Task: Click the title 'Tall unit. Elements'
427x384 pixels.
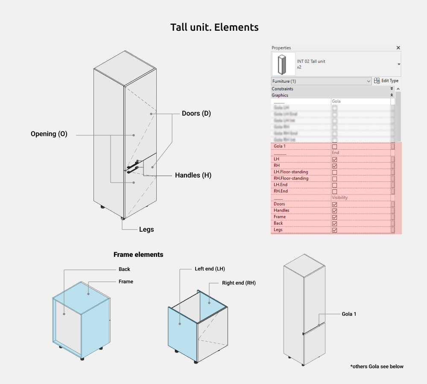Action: [x=214, y=27]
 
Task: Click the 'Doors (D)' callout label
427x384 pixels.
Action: [x=196, y=113]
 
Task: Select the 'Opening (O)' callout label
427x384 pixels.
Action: [x=49, y=134]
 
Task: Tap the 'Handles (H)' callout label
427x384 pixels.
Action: [x=193, y=175]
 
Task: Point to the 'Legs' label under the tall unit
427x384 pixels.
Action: [x=146, y=230]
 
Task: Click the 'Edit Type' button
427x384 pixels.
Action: [x=386, y=81]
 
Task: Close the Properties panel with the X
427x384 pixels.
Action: [x=398, y=48]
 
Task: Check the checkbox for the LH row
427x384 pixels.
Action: [x=334, y=159]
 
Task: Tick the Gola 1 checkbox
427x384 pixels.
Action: [x=334, y=146]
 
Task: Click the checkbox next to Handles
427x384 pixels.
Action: [x=334, y=211]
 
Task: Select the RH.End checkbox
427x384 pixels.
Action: [x=334, y=192]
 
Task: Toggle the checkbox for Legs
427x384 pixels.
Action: [x=334, y=230]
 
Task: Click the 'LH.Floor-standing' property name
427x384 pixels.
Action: [x=291, y=172]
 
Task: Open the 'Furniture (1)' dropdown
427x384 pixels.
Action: [x=322, y=81]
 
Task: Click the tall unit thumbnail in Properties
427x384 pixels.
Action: [x=283, y=64]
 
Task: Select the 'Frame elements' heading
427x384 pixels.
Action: [x=138, y=255]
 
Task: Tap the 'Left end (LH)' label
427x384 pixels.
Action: [x=210, y=269]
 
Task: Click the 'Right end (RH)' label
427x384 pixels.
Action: [x=239, y=283]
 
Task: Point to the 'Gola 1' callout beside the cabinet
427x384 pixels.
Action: [x=349, y=314]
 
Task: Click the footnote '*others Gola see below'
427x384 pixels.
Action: [x=377, y=367]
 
